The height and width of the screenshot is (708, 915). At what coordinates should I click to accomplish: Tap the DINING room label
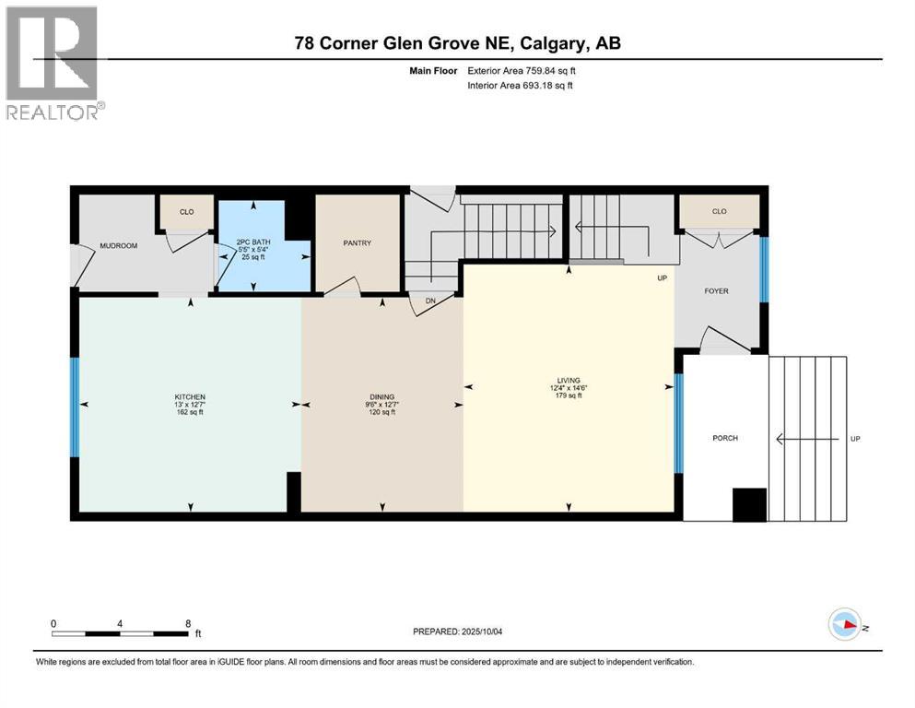[381, 396]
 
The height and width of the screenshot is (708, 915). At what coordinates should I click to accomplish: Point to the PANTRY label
[358, 243]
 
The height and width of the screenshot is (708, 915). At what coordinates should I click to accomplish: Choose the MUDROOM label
[118, 246]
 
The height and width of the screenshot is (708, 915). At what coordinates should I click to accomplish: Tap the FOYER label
[716, 291]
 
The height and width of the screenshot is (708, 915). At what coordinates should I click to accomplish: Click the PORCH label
[725, 438]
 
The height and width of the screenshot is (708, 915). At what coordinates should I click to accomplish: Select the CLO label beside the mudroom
[186, 212]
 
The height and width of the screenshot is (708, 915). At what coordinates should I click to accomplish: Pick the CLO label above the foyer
[719, 212]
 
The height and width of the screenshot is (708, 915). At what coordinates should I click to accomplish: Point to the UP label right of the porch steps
[854, 439]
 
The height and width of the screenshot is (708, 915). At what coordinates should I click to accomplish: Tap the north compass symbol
[844, 625]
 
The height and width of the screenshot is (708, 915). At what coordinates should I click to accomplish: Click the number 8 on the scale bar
[188, 623]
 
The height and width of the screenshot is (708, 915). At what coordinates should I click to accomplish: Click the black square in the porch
[748, 504]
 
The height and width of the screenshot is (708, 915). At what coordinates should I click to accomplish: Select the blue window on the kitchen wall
[75, 407]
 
